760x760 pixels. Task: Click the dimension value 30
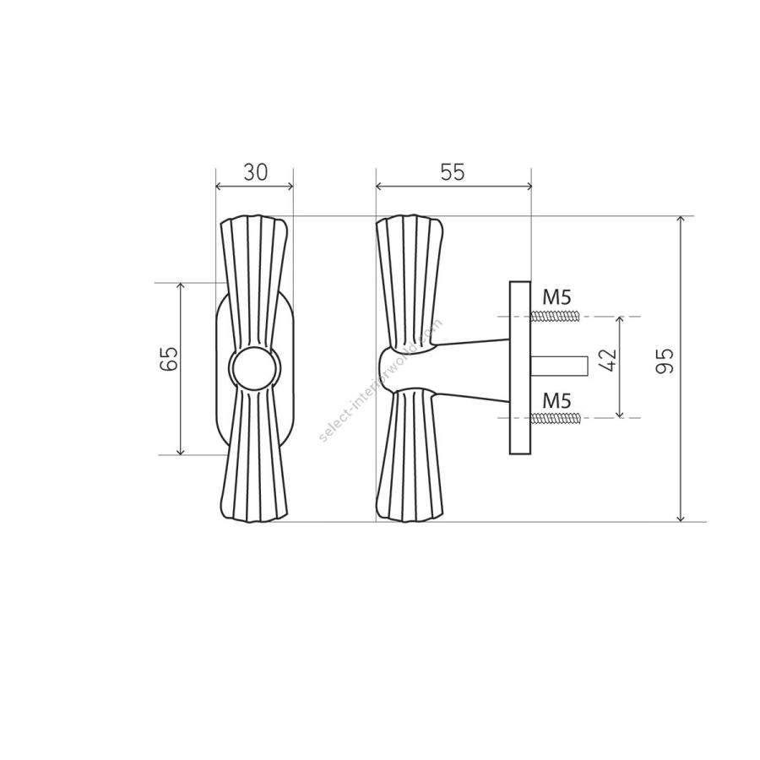(x=255, y=172)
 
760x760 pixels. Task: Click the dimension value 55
(x=453, y=172)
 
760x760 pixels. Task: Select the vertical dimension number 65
(x=169, y=359)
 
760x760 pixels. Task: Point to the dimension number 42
(x=608, y=360)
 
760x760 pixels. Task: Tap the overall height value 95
(x=665, y=361)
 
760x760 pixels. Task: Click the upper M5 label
(x=556, y=296)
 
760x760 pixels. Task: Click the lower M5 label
(x=556, y=401)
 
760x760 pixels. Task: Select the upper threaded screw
(x=556, y=317)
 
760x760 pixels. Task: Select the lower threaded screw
(x=556, y=418)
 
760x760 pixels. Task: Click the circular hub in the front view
(x=254, y=368)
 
